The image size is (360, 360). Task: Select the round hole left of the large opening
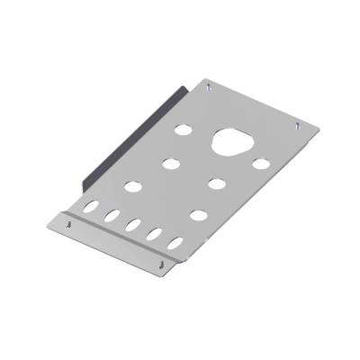(x=184, y=129)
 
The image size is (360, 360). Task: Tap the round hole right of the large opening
(x=260, y=164)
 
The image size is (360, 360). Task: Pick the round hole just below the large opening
(x=216, y=184)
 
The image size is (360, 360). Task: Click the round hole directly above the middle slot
(x=132, y=188)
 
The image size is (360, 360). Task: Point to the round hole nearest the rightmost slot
(x=197, y=215)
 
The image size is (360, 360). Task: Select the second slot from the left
(x=112, y=216)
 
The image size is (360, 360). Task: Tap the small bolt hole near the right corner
(x=297, y=127)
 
